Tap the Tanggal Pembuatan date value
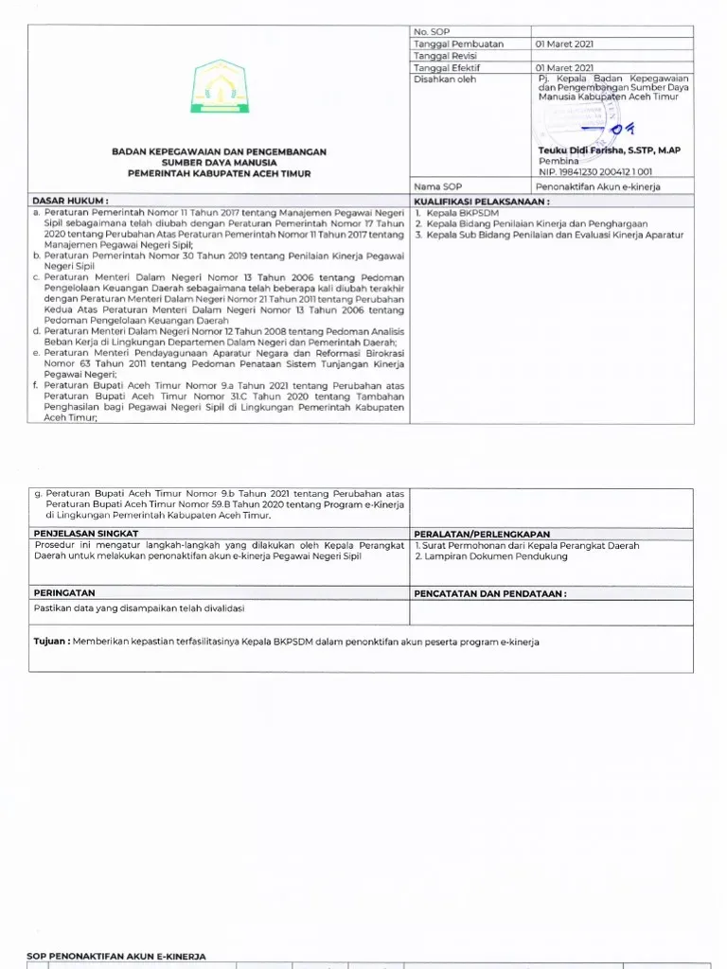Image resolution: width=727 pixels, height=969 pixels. (565, 44)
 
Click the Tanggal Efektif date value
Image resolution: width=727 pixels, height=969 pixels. (565, 68)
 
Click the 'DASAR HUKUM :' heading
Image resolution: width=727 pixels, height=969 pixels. (71, 202)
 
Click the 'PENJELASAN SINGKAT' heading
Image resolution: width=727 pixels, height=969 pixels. (86, 534)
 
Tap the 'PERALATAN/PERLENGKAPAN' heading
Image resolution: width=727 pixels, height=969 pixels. (482, 534)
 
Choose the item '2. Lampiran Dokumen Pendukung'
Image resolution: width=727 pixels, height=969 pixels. (491, 556)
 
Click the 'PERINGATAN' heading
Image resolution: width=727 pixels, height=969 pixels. (63, 593)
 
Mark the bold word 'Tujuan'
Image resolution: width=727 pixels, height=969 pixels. (50, 642)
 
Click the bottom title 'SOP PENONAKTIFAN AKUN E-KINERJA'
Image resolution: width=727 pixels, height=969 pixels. (116, 957)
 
